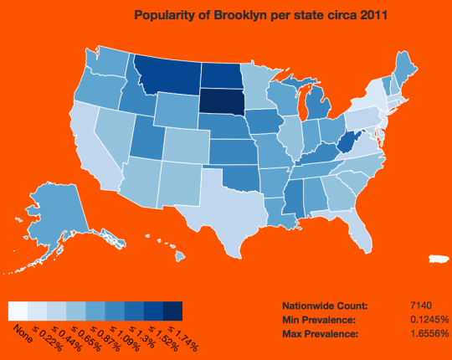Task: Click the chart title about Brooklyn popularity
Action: pyautogui.click(x=260, y=15)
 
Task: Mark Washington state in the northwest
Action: pyautogui.click(x=105, y=62)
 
